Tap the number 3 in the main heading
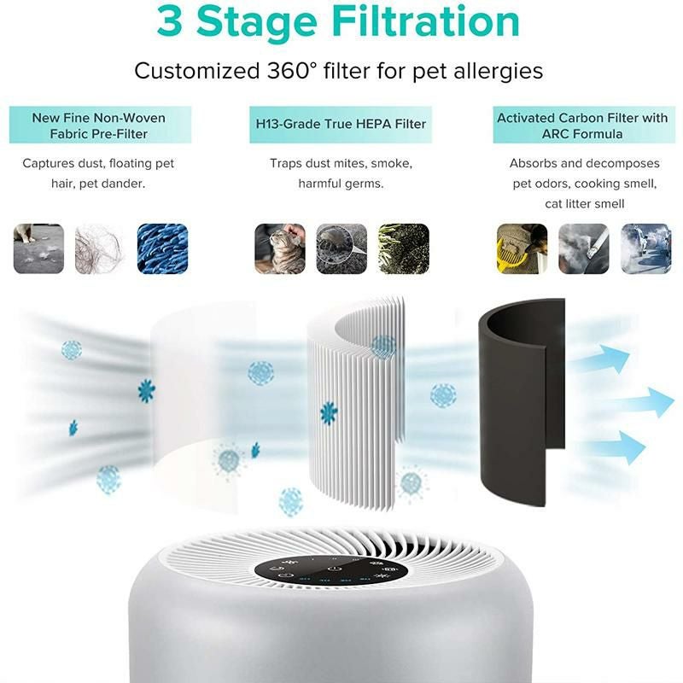click(x=170, y=23)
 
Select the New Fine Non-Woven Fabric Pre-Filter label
click(x=99, y=126)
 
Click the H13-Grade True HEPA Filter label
click(x=341, y=125)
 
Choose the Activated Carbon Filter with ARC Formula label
click(x=584, y=126)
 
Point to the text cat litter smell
click(x=585, y=203)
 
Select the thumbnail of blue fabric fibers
click(x=161, y=248)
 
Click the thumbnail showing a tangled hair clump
click(x=100, y=248)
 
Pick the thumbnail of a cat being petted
click(x=280, y=248)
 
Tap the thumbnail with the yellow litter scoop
click(x=522, y=248)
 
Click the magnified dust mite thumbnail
click(x=341, y=248)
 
